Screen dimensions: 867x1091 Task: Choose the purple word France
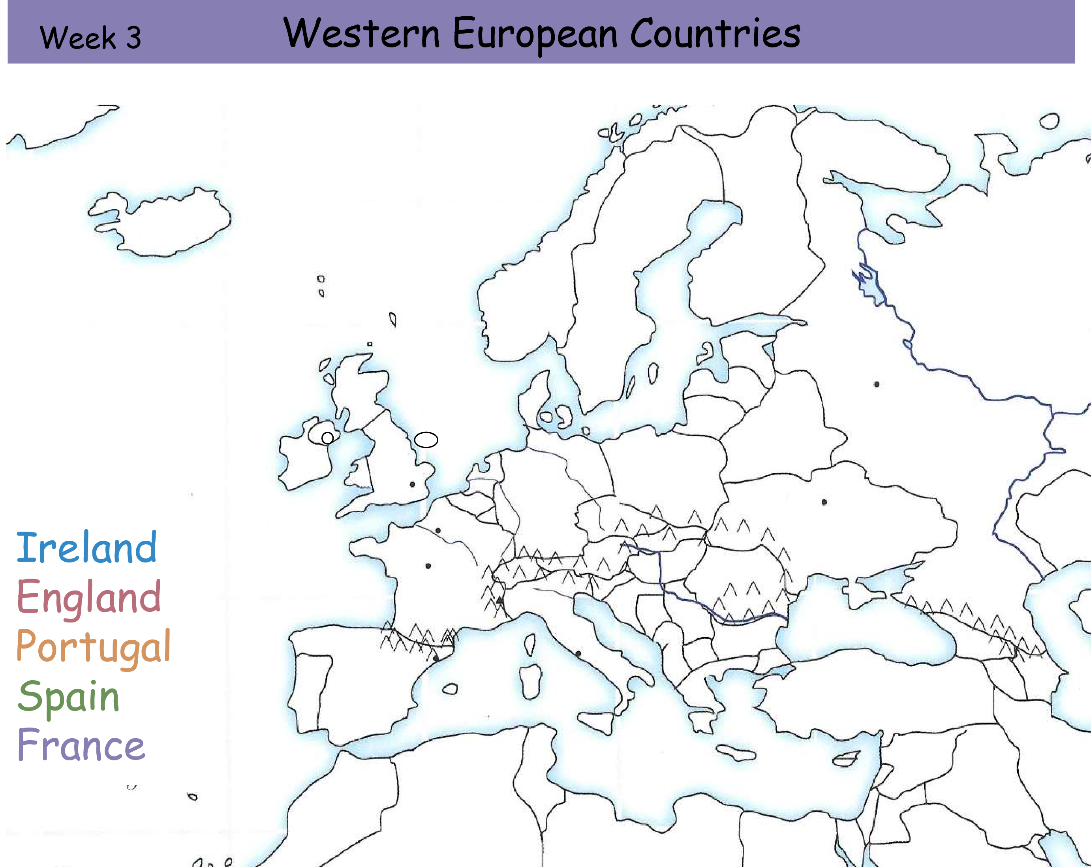[x=81, y=745]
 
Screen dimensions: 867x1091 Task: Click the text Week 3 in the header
[x=90, y=38]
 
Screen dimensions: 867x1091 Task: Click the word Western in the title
[x=361, y=34]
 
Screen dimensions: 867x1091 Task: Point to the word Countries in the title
[x=715, y=34]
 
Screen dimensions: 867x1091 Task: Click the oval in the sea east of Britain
[x=426, y=440]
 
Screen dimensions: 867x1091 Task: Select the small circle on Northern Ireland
[x=327, y=438]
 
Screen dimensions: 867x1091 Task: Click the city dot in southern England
[x=412, y=484]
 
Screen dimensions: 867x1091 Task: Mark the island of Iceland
[x=162, y=223]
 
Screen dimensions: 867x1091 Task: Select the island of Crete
[x=736, y=754]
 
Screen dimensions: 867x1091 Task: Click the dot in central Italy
[x=578, y=653]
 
